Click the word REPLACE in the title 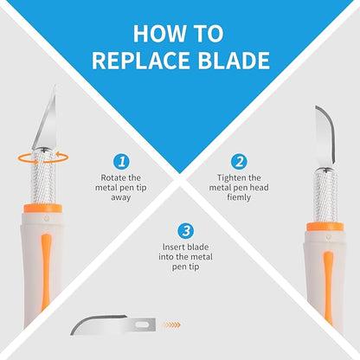(x=141, y=61)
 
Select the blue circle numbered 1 (x=121, y=162)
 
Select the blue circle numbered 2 (x=239, y=162)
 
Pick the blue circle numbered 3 (x=186, y=231)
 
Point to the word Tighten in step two (x=230, y=178)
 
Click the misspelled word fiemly (x=239, y=197)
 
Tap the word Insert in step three (x=172, y=247)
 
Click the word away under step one (x=121, y=198)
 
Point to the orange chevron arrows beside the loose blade (x=171, y=325)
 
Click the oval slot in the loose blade (x=142, y=325)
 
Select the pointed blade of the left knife (x=46, y=119)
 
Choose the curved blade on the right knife (x=325, y=136)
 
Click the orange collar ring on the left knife (x=43, y=209)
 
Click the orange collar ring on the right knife (x=325, y=227)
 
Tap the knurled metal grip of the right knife (x=325, y=196)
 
